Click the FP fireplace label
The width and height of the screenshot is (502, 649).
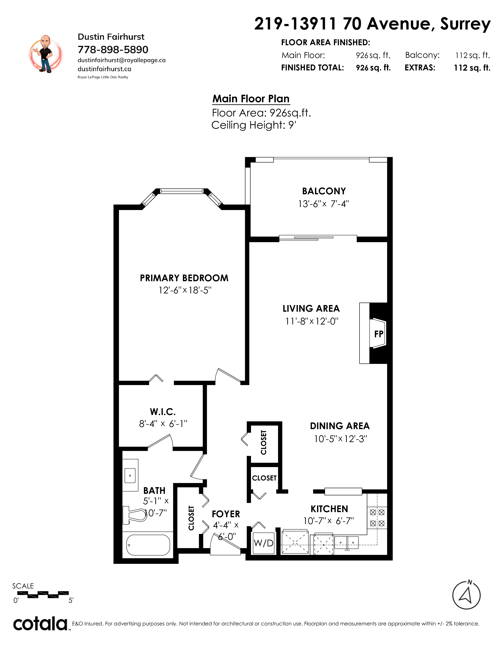pyautogui.click(x=379, y=334)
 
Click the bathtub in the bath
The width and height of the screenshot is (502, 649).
pyautogui.click(x=148, y=545)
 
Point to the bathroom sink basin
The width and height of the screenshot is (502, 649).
pyautogui.click(x=130, y=476)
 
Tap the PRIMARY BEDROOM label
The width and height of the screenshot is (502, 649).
pyautogui.click(x=184, y=278)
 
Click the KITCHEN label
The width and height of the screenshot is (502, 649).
pyautogui.click(x=329, y=509)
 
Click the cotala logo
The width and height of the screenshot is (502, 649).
pyautogui.click(x=40, y=624)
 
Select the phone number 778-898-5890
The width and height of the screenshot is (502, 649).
pyautogui.click(x=113, y=49)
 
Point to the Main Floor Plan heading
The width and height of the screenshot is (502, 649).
pyautogui.click(x=251, y=99)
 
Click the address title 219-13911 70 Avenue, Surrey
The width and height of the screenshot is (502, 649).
pyautogui.click(x=372, y=24)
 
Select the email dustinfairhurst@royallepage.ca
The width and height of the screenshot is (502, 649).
pyautogui.click(x=122, y=60)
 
